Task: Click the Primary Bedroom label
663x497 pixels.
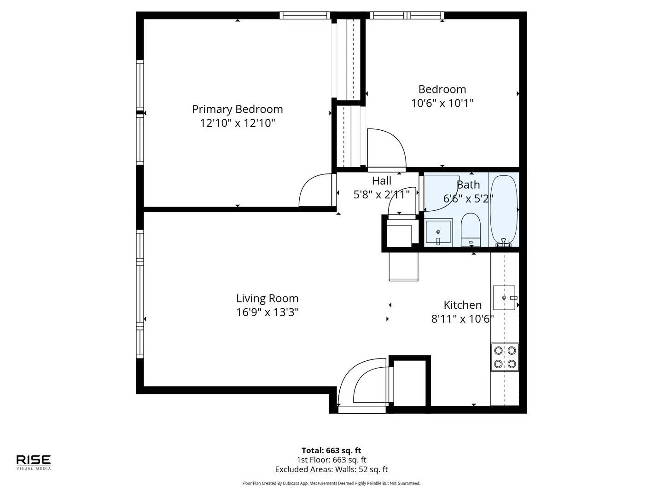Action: point(238,109)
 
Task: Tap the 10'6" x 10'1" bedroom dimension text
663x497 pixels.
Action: point(442,103)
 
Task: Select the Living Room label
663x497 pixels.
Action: point(268,298)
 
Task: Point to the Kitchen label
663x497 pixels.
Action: point(462,305)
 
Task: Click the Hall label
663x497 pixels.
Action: point(382,181)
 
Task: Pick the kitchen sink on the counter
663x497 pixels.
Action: point(504,298)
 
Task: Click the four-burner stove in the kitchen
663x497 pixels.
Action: point(505,357)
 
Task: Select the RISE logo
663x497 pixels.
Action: point(34,462)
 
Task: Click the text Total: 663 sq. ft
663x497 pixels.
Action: point(331,451)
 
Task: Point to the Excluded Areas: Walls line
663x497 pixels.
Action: point(331,469)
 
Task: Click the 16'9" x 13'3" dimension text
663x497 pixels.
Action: point(268,312)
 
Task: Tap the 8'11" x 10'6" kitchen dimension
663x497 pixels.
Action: point(462,318)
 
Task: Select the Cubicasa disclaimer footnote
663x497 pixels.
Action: point(331,483)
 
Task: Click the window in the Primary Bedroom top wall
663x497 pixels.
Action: point(305,15)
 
